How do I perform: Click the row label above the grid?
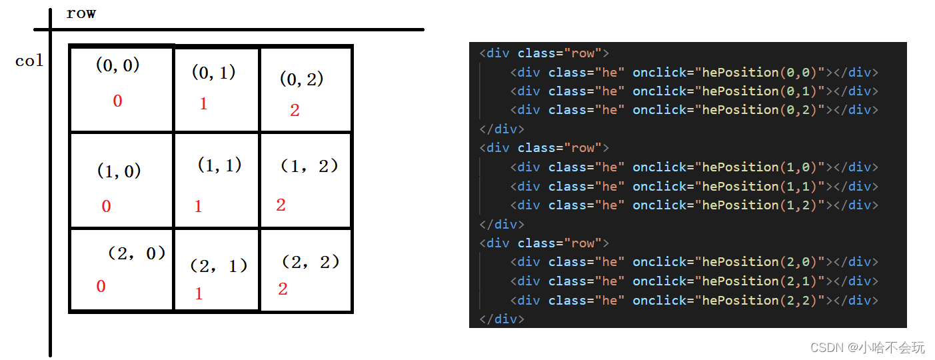pos(81,13)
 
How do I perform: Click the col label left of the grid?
pos(29,61)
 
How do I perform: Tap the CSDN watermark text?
pos(867,347)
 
